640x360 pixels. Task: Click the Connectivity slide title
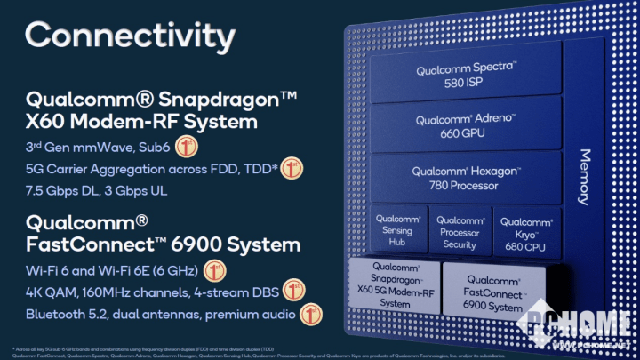click(x=130, y=36)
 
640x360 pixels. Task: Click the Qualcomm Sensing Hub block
click(x=397, y=230)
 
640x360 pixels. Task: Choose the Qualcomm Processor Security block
click(x=460, y=231)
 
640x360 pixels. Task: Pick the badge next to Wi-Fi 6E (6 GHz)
click(x=213, y=269)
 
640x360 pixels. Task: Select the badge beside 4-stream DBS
click(x=293, y=291)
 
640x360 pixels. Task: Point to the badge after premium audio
click(x=310, y=313)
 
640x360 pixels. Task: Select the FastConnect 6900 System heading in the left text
click(x=163, y=244)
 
